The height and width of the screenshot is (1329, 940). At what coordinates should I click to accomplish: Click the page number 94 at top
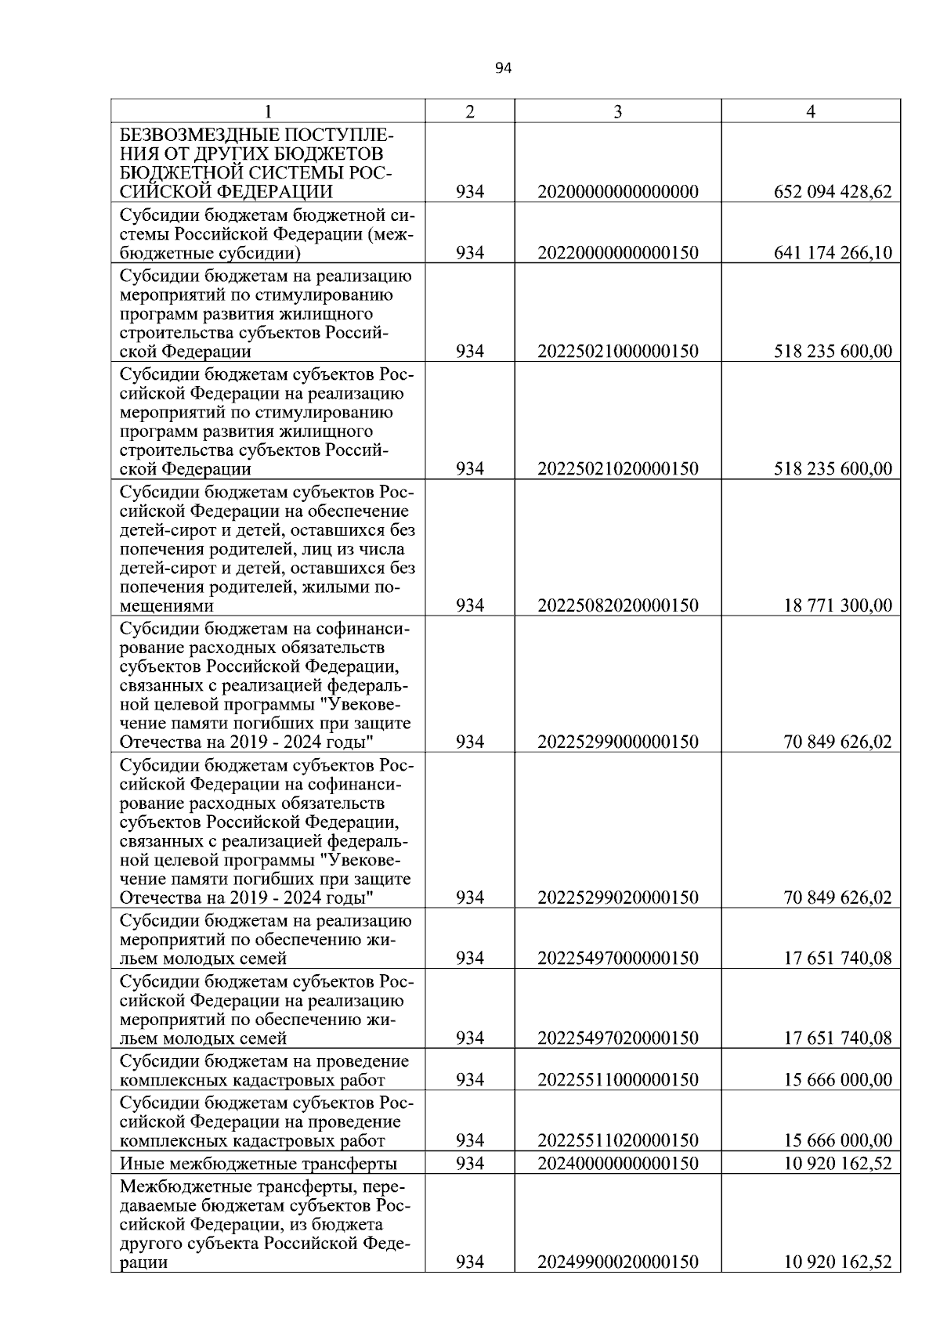tap(503, 69)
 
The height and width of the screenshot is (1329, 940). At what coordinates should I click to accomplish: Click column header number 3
tap(617, 112)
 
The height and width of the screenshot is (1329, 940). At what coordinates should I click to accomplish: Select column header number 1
tap(268, 112)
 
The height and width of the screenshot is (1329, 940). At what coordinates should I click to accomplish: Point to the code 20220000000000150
tap(618, 253)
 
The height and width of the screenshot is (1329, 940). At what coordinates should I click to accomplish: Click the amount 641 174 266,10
tap(833, 253)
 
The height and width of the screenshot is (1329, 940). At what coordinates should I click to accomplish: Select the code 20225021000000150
tap(618, 352)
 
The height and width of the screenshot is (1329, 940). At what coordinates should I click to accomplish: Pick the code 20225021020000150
tap(618, 469)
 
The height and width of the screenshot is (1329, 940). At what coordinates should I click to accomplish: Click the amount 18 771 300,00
tap(837, 605)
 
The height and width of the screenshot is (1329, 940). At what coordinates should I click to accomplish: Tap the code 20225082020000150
tap(618, 605)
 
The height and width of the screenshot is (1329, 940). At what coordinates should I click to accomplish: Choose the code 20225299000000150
tap(618, 742)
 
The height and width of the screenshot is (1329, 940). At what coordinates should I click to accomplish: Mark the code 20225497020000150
tap(618, 1038)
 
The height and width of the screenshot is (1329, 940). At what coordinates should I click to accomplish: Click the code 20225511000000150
tap(618, 1080)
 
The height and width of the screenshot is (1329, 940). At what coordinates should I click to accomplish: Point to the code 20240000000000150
tap(618, 1163)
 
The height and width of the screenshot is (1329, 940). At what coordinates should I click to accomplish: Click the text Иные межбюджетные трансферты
tap(258, 1163)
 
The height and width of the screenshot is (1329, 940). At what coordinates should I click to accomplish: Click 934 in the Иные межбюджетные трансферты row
tap(470, 1163)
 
